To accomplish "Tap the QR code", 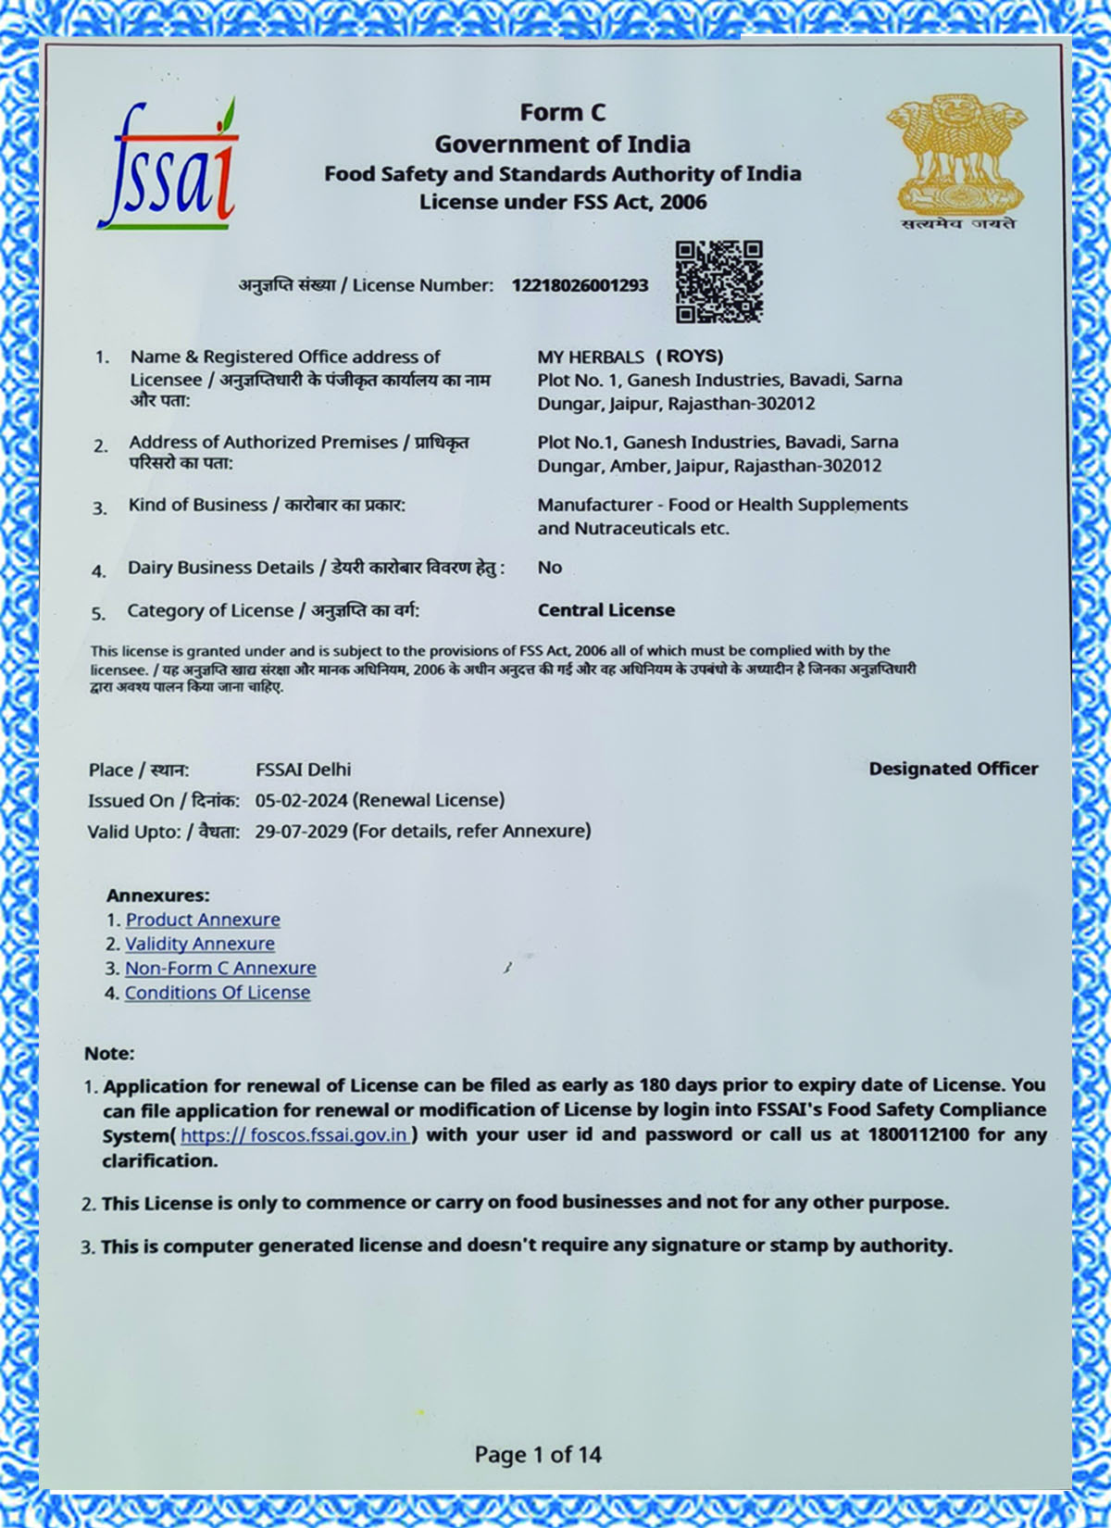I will coord(718,282).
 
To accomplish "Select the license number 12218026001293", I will coord(580,285).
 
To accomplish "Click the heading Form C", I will coord(562,113).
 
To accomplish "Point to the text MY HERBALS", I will coord(591,357).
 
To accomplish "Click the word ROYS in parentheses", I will coord(690,357).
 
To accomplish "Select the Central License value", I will coord(606,610).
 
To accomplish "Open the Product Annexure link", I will coord(203,920).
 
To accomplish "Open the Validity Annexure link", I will coord(200,944).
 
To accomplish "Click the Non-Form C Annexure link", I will coord(220,968).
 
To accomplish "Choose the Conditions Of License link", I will coord(218,993).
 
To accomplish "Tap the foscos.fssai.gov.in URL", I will coord(294,1135).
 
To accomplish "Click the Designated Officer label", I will coord(953,769).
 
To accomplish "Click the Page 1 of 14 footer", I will coord(538,1454).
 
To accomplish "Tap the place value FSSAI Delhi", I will coord(303,770).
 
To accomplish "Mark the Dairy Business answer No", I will coord(549,568).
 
